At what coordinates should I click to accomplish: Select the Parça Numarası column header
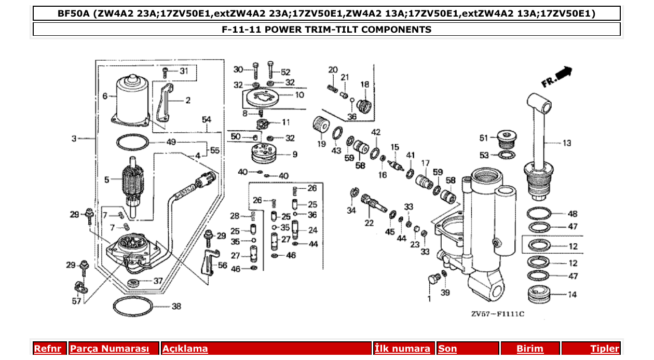point(110,349)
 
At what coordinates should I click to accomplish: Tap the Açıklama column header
point(185,349)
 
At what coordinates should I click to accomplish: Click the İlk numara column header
point(403,349)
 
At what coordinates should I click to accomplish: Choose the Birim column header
point(529,349)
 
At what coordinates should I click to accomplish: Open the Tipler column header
point(605,349)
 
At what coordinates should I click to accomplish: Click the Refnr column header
point(48,349)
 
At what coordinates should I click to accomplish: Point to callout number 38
point(176,307)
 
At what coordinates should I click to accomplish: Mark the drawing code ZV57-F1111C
point(497,314)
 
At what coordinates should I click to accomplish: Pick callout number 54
point(207,120)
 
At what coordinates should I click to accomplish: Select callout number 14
point(572,295)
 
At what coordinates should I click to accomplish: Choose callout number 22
point(369,223)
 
